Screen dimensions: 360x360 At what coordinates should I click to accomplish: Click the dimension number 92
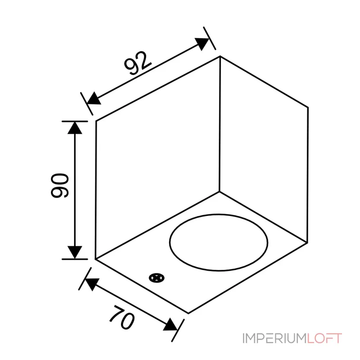[x=138, y=63]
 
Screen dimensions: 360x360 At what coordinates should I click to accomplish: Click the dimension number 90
[x=60, y=185]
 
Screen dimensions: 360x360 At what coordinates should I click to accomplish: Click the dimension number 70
[x=122, y=318]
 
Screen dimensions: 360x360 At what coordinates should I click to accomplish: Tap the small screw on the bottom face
[x=157, y=278]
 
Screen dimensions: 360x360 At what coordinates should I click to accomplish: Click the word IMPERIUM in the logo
[x=274, y=338]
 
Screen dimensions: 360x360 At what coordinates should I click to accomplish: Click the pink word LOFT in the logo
[x=324, y=338]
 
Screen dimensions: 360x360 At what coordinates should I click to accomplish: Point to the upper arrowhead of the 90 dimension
[x=75, y=128]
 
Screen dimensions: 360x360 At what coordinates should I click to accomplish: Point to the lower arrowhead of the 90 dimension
[x=75, y=252]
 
